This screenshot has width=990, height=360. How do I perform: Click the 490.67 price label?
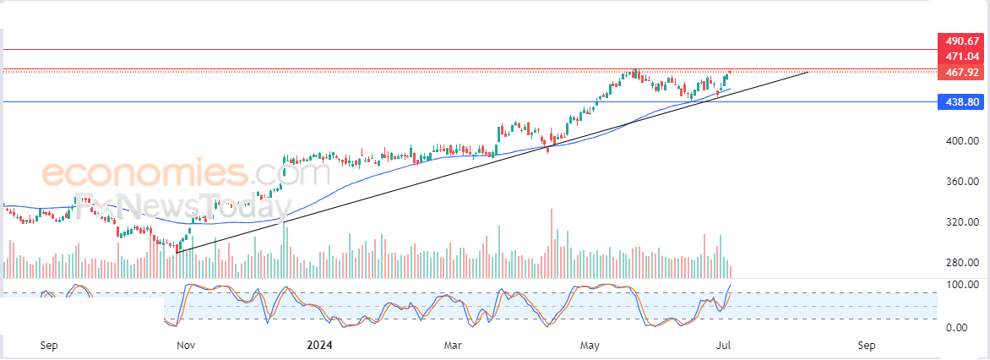tap(962, 41)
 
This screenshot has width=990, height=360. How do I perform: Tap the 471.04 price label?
tap(962, 57)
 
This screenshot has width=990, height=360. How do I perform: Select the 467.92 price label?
tap(962, 73)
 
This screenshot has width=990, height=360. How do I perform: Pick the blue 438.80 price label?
tap(962, 101)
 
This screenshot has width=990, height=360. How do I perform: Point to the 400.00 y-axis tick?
tap(962, 141)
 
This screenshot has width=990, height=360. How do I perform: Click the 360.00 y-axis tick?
tap(962, 182)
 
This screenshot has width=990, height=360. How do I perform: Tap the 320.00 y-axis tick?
tap(962, 222)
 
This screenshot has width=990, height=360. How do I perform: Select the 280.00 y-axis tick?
tap(962, 263)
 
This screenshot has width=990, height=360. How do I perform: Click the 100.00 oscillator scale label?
tap(962, 285)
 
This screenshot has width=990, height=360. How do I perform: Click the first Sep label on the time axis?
tap(49, 346)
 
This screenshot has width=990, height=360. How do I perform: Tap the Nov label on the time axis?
tap(187, 346)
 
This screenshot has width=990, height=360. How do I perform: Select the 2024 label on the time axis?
tap(319, 346)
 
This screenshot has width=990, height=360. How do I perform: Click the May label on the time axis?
tap(590, 346)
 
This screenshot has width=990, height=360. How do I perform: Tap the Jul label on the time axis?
tap(724, 346)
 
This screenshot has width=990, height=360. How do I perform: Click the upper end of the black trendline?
tap(808, 73)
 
